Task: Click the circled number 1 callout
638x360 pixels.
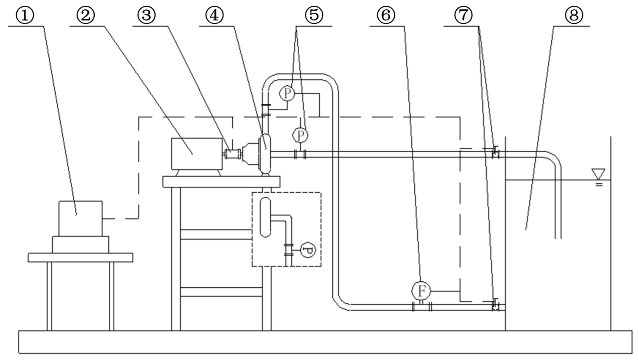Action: (25, 15)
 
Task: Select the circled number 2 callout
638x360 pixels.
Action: (85, 15)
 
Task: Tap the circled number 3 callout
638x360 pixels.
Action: (146, 15)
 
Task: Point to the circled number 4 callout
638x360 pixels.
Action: (214, 15)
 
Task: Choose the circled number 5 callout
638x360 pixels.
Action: (314, 15)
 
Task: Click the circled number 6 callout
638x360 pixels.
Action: (386, 15)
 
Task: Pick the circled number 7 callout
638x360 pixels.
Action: (463, 15)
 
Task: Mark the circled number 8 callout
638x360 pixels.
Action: (574, 15)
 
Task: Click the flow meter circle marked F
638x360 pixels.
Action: (421, 291)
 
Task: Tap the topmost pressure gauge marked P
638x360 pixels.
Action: (287, 93)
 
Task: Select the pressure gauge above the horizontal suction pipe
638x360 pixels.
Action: (300, 135)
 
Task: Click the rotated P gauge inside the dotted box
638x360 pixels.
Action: (308, 250)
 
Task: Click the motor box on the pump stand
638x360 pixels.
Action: (197, 154)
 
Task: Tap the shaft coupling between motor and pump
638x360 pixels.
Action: (232, 154)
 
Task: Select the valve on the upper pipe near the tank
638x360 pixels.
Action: (495, 153)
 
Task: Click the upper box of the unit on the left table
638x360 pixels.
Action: (80, 218)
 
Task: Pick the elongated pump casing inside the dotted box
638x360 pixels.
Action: (265, 217)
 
